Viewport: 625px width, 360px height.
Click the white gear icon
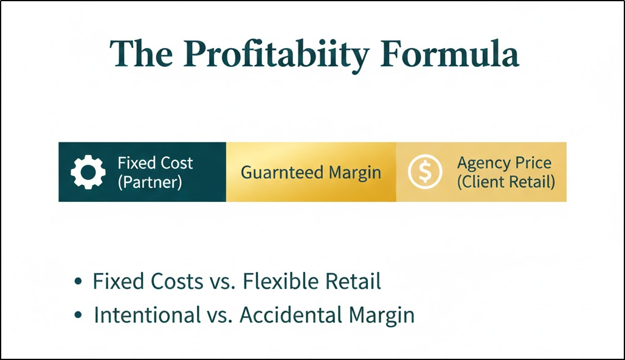(x=88, y=172)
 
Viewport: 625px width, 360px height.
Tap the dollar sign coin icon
(x=425, y=172)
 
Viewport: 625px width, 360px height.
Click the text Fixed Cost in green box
(x=155, y=163)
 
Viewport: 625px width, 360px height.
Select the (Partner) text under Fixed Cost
(x=150, y=182)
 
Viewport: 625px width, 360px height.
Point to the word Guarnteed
(x=282, y=173)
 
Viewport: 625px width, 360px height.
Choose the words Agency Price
(x=504, y=163)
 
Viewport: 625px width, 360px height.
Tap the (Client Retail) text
(x=506, y=182)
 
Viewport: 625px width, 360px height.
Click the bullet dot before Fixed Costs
(x=77, y=282)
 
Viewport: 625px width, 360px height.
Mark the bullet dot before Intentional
(x=77, y=316)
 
